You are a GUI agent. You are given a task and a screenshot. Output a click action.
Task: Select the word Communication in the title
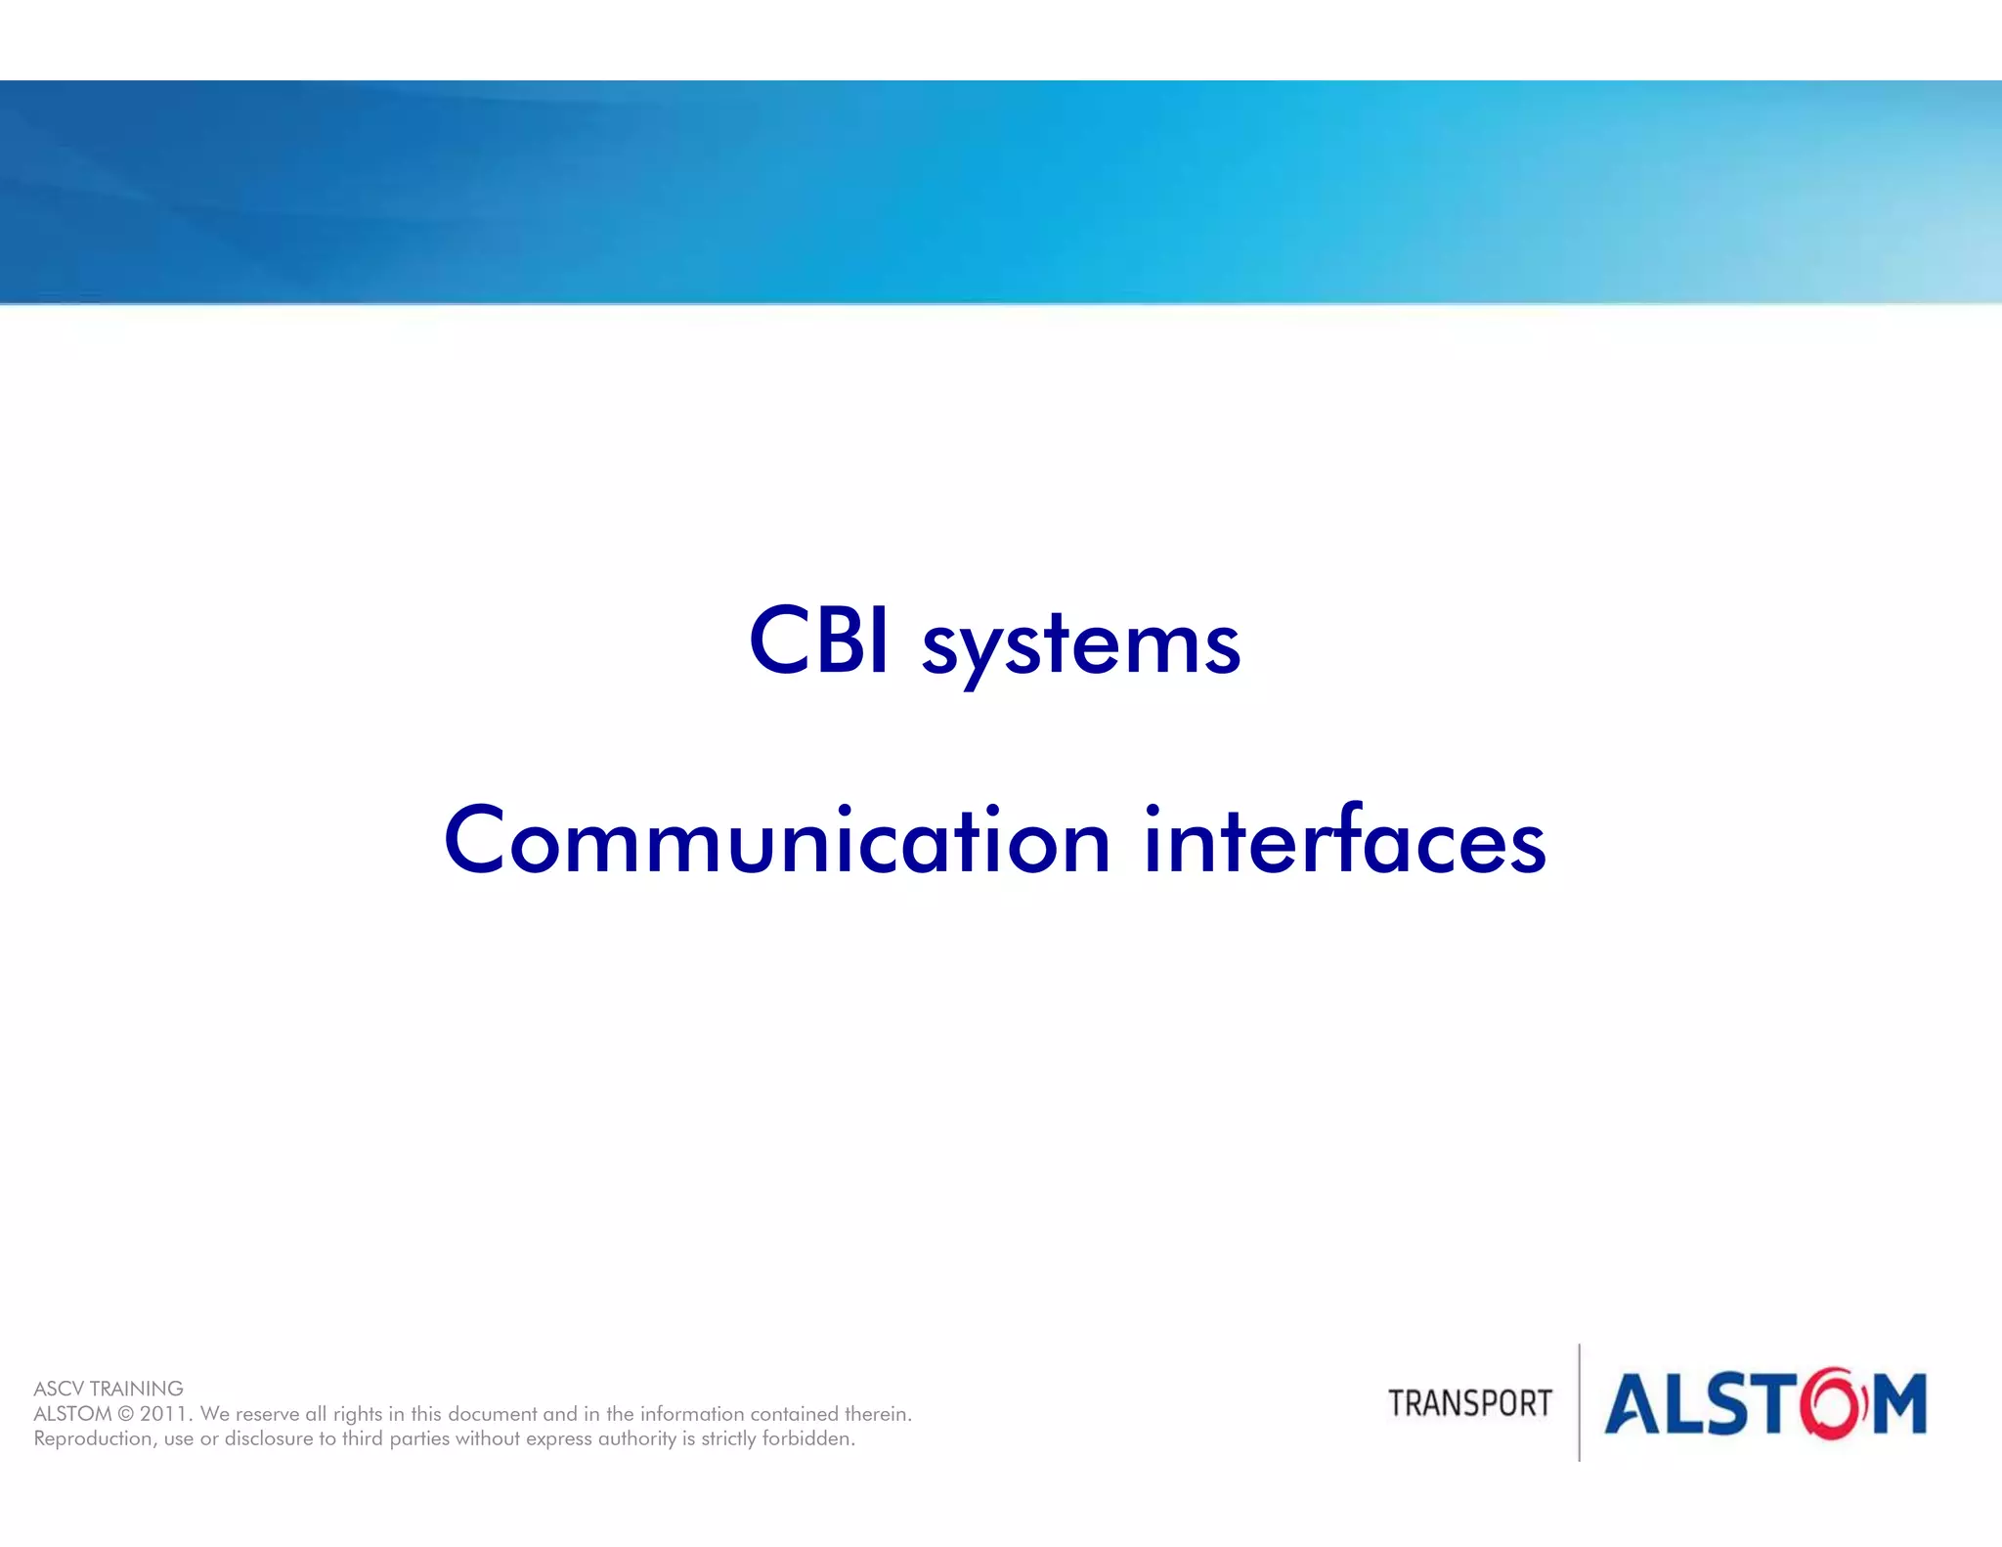point(776,840)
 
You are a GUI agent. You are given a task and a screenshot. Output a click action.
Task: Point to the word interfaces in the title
point(1344,840)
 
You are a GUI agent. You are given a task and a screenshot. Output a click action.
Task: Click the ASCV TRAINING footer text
point(109,1389)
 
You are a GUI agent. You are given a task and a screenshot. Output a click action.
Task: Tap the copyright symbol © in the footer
point(125,1414)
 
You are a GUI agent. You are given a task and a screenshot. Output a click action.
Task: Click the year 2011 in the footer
point(162,1414)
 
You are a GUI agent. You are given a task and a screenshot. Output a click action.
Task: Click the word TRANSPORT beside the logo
point(1469,1404)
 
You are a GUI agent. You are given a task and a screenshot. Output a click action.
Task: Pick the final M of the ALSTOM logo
point(1900,1404)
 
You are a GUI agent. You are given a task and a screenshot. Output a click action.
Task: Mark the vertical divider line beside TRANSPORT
point(1580,1402)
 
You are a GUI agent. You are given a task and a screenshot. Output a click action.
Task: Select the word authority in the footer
point(637,1438)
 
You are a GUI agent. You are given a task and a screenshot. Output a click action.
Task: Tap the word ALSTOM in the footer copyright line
point(72,1414)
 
